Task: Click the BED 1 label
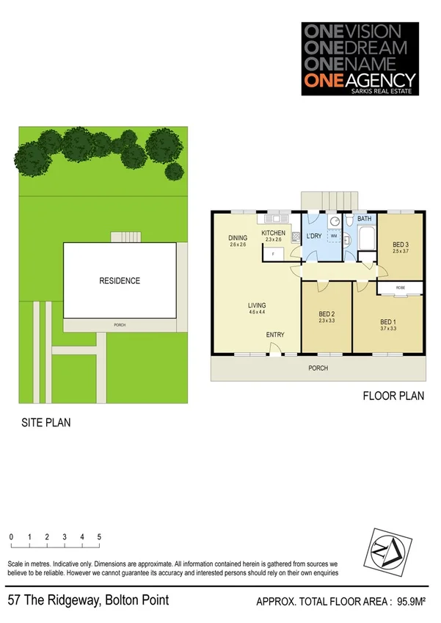pyautogui.click(x=387, y=321)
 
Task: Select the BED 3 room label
pyautogui.click(x=400, y=245)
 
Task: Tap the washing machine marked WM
pyautogui.click(x=334, y=236)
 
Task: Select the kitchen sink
pyautogui.click(x=278, y=218)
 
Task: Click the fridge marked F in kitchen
pyautogui.click(x=272, y=253)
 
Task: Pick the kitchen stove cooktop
pyautogui.click(x=295, y=237)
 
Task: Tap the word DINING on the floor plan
pyautogui.click(x=238, y=238)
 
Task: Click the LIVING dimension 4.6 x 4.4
pyautogui.click(x=257, y=313)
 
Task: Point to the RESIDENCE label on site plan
pyautogui.click(x=120, y=281)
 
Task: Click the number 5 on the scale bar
pyautogui.click(x=99, y=537)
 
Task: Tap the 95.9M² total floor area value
pyautogui.click(x=412, y=602)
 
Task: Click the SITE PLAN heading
pyautogui.click(x=45, y=423)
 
